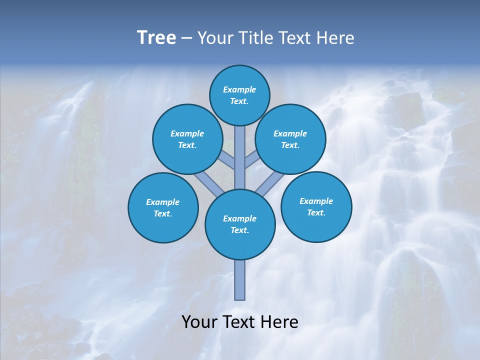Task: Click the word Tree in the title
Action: pos(156,38)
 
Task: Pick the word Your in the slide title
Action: pos(215,38)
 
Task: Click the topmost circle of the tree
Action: pos(239,95)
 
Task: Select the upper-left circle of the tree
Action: pos(187,139)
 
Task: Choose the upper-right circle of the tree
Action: pos(290,139)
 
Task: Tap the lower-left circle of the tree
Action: pos(163,208)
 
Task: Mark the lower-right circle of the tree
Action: pos(316,207)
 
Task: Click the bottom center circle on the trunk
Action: pos(240,224)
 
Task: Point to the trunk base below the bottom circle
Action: pos(240,280)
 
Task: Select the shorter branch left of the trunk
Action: pos(228,160)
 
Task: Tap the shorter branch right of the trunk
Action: pos(251,160)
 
